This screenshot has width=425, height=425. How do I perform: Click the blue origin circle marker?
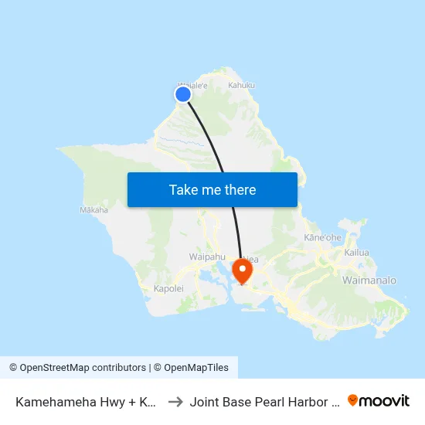pos(183,94)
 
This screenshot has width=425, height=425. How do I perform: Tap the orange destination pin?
pos(243,270)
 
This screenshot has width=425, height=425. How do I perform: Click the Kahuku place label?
pos(241,86)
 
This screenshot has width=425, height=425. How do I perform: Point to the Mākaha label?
pos(93,209)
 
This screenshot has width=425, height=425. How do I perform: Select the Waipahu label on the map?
pos(206,257)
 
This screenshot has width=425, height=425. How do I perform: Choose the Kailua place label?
pos(357,253)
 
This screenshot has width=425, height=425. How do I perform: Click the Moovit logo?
pos(379,401)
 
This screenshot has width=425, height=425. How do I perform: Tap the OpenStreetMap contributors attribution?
pos(77,368)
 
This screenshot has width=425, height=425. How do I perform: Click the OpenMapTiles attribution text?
pos(193,368)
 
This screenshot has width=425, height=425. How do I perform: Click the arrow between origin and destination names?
pos(175,401)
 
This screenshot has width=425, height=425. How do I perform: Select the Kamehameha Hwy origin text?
pos(86,402)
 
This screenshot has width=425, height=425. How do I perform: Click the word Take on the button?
pos(182,190)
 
